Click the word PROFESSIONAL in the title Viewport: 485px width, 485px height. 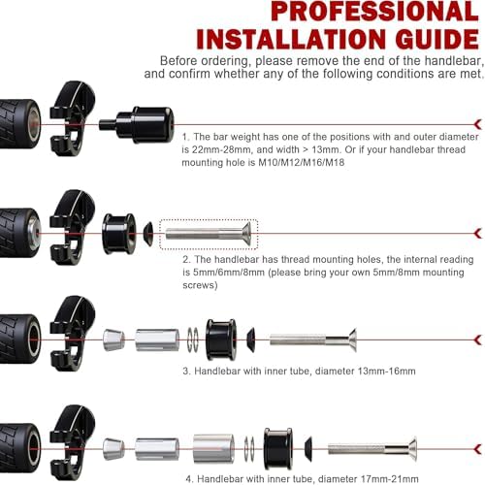374,12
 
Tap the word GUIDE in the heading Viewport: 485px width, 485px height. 436,39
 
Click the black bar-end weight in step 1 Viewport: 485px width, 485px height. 137,125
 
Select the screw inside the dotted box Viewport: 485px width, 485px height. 209,234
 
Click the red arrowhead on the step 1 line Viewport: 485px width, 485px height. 478,124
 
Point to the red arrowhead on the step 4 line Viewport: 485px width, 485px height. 478,449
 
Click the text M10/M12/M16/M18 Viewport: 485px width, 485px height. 301,162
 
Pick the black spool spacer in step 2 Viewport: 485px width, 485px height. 119,234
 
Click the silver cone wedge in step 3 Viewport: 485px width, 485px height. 113,339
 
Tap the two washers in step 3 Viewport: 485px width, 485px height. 193,339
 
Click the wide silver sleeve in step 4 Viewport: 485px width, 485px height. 213,449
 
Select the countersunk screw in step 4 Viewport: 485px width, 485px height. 372,449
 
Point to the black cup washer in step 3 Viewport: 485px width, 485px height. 250,339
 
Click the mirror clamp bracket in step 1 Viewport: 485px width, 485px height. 72,118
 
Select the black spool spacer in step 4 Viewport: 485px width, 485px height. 278,449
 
